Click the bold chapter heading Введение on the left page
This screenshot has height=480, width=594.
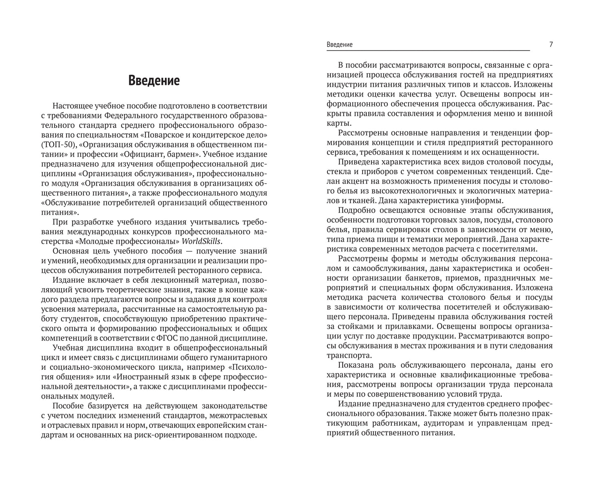(154, 81)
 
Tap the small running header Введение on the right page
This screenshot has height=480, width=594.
(339, 44)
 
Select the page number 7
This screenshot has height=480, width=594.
(551, 44)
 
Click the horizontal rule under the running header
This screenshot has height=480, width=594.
(428, 51)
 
